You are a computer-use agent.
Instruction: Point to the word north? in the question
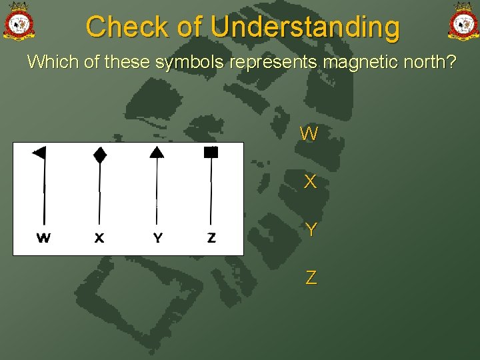click(431, 63)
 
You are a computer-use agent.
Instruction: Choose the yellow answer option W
click(309, 134)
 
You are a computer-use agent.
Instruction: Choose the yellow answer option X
click(310, 182)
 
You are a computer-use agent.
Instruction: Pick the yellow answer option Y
click(311, 230)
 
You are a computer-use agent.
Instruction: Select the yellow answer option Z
click(311, 277)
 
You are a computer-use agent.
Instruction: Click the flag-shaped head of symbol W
click(39, 153)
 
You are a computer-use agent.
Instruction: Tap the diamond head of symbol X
click(99, 155)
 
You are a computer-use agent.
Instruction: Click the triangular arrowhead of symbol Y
click(157, 152)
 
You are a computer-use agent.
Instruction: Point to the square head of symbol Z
click(211, 152)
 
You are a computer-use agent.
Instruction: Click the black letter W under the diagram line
click(43, 237)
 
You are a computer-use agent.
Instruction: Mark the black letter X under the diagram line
click(99, 237)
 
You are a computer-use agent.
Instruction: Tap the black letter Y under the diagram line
click(157, 237)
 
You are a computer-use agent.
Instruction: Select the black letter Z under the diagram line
click(211, 237)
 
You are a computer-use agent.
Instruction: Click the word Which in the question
click(47, 63)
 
